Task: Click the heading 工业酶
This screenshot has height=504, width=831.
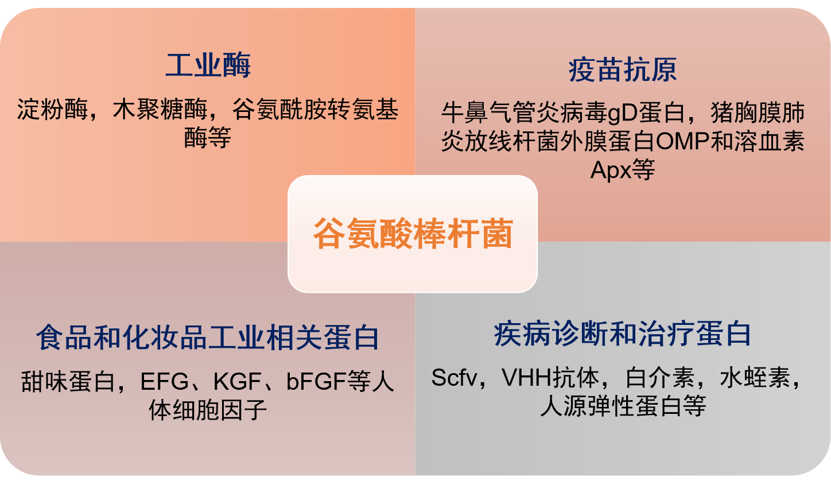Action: tap(208, 65)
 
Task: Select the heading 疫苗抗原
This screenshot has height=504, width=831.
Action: tap(623, 69)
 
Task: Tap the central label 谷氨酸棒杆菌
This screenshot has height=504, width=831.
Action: tap(413, 234)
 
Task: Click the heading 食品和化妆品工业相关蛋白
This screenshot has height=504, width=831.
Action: tap(207, 337)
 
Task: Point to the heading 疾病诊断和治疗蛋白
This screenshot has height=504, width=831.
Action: tap(623, 334)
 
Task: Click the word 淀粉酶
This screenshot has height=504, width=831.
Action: tap(52, 110)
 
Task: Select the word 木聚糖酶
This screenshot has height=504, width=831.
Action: tap(160, 110)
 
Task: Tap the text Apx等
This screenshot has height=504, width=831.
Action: tap(623, 170)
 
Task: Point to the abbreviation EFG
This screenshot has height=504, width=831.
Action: tap(164, 381)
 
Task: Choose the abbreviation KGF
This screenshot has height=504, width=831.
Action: tap(237, 381)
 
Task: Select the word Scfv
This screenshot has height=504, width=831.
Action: tap(454, 378)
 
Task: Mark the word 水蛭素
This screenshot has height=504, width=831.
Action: tap(755, 378)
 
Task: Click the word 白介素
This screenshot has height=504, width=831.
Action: tap(660, 378)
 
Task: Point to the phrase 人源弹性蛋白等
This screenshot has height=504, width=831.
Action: tap(623, 406)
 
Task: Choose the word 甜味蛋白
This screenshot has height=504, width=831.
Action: tap(68, 381)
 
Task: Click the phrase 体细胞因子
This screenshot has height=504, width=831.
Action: tap(208, 410)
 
